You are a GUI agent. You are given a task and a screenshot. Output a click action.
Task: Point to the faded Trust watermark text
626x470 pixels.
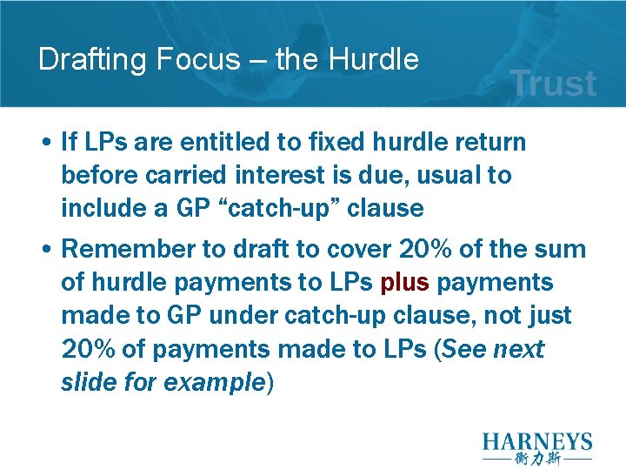(x=553, y=84)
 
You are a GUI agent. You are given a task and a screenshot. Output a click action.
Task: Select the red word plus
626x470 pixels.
(x=405, y=283)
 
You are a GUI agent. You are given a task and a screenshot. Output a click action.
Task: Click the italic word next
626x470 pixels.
(x=519, y=350)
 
